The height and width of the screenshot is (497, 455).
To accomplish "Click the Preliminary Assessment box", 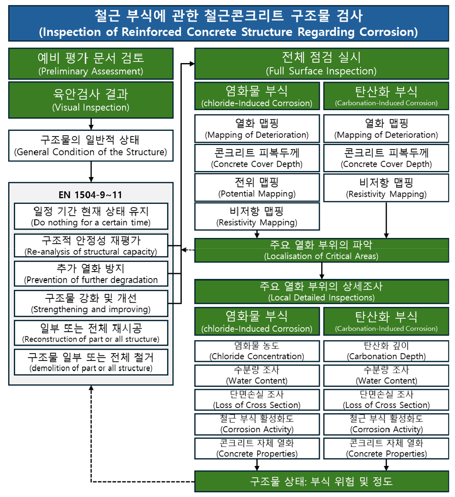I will [91, 63].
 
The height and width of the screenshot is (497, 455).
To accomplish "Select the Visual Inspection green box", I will [91, 100].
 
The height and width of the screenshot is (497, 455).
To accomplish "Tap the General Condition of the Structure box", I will [91, 146].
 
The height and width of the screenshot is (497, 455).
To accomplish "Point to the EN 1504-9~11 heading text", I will [91, 195].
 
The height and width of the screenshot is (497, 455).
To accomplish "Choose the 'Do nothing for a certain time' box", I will [91, 216].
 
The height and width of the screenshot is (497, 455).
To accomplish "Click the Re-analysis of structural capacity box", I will [91, 245].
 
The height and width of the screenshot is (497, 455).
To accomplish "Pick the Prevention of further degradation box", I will [91, 274].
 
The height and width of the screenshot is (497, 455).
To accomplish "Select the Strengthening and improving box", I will [91, 304].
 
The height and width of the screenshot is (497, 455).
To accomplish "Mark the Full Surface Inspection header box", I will [322, 63].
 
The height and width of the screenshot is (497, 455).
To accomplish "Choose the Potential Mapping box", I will [257, 187].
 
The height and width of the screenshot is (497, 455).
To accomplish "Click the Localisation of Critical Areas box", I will [322, 250].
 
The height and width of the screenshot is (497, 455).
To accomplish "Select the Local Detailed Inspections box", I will [322, 291].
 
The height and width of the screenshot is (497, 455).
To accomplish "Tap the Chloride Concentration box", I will [257, 351].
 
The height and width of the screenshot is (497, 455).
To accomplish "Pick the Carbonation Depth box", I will [386, 351].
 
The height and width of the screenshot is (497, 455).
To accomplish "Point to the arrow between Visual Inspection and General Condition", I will [91, 123].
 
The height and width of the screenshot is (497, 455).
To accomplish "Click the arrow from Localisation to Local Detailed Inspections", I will [322, 271].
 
